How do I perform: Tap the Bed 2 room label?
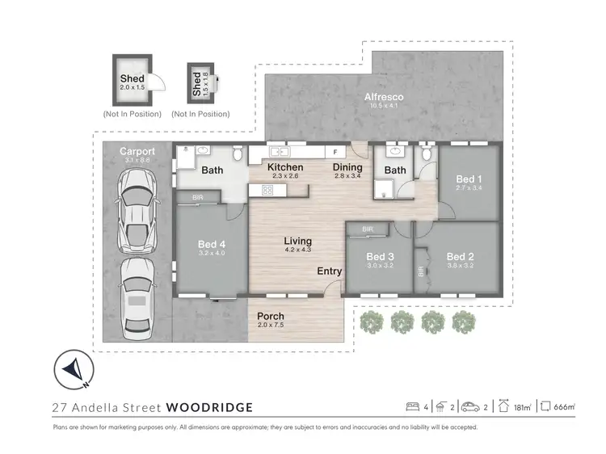coord(461,257)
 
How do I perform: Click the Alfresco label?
coord(384,97)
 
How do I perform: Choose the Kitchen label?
coord(286,167)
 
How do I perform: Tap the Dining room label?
coord(349,167)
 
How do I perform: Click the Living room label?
coord(297,242)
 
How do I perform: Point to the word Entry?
coord(329,271)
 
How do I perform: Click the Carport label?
coord(137,151)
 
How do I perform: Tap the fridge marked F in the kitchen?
coord(334,152)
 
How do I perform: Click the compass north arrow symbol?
coord(72,370)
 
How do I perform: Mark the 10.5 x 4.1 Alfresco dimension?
coord(384,107)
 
